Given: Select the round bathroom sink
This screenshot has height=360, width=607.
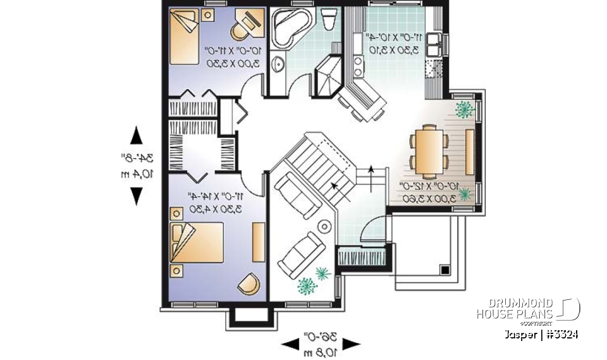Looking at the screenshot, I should [278, 64].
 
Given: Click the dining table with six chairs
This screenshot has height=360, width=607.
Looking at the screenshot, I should [428, 151].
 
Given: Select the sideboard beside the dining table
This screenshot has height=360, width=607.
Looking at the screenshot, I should [470, 151].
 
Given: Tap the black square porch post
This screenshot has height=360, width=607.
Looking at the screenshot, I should [445, 270].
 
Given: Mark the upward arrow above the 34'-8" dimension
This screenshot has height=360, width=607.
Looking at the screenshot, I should [136, 136].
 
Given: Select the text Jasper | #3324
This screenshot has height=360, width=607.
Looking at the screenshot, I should [541, 333].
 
